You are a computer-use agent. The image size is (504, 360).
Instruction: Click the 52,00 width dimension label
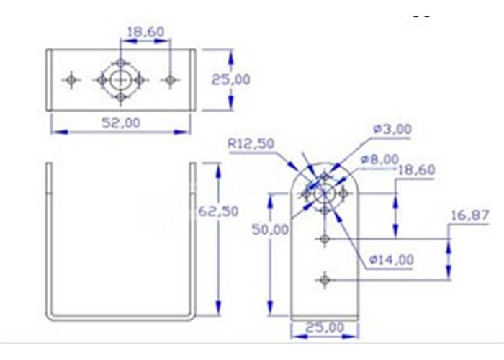point(120,122)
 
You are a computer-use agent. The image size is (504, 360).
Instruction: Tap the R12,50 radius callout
point(251,144)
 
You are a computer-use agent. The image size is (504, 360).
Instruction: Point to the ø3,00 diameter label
point(392,130)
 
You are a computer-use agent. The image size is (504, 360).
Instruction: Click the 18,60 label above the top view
point(145,32)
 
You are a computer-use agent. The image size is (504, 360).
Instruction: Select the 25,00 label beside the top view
point(230,79)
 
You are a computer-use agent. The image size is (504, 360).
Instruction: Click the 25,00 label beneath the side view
point(324,328)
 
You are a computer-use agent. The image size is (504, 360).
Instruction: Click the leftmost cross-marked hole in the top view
point(71,79)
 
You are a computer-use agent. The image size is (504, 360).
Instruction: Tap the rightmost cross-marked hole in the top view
point(170,79)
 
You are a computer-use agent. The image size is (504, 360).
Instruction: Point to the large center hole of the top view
point(121,79)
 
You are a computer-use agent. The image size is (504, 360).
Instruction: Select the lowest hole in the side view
point(325,279)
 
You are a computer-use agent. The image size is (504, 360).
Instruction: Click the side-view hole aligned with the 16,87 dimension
point(325,238)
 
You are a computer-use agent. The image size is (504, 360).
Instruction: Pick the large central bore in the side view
point(325,193)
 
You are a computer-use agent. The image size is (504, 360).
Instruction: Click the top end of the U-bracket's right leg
point(192,165)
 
